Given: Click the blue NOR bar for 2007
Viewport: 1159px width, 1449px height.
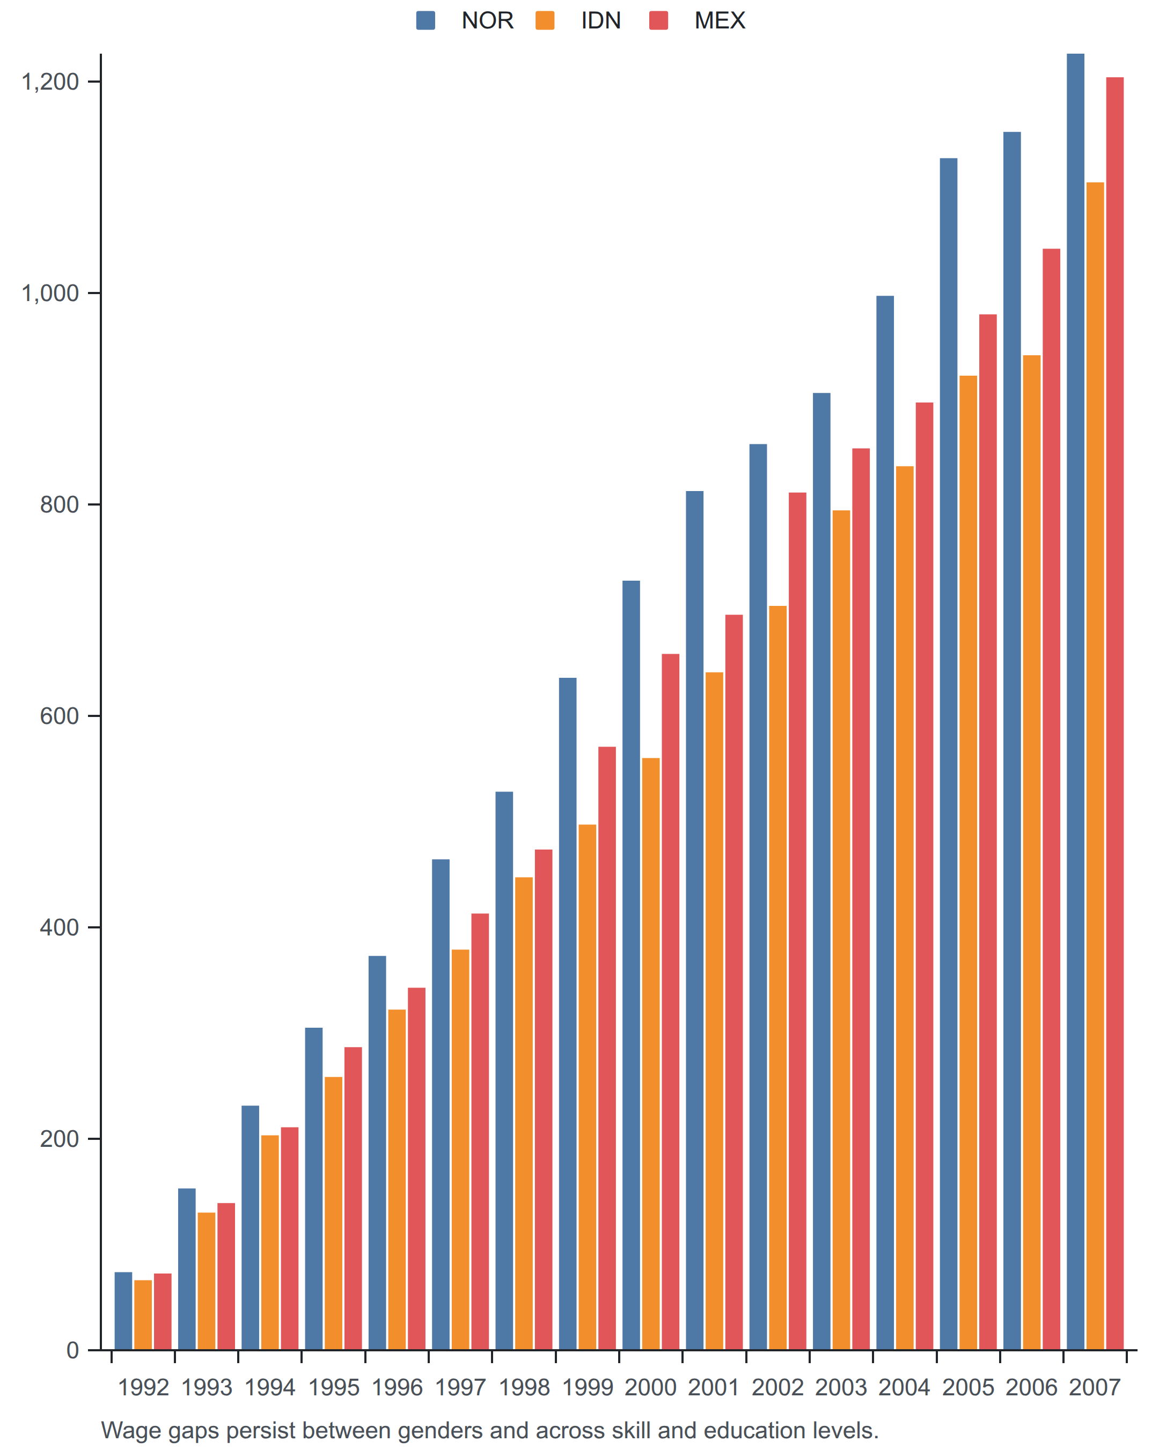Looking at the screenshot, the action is click(1075, 701).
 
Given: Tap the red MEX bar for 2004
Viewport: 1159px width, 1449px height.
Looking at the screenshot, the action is click(925, 876).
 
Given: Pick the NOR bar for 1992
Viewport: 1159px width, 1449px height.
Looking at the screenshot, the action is click(123, 1311).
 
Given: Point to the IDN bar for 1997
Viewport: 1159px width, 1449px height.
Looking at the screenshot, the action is click(460, 1149).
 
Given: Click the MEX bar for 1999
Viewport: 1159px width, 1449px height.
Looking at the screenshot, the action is click(607, 1048).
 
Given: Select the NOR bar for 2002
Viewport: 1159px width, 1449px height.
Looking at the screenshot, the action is click(758, 897).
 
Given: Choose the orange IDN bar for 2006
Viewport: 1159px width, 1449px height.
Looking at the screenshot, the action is click(1031, 852).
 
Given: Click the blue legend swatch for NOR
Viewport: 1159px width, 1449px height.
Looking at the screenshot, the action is click(426, 20).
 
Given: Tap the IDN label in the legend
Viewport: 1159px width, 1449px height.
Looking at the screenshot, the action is click(600, 21).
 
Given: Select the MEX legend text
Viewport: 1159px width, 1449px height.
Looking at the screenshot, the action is click(720, 21).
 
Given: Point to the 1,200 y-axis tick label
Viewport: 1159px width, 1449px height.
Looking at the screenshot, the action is click(50, 82).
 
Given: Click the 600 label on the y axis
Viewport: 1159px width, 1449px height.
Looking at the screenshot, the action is click(59, 716).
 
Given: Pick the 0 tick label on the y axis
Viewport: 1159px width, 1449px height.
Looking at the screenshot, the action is click(72, 1350).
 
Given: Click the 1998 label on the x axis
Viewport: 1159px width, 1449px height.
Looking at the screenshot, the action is click(524, 1387).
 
